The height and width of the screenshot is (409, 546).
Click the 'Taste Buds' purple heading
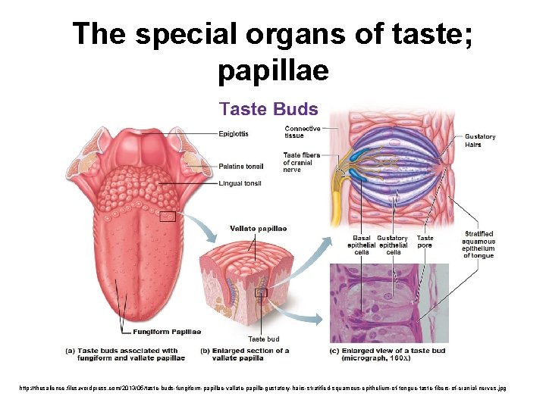pos(268,109)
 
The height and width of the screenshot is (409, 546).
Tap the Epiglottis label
pos(234,134)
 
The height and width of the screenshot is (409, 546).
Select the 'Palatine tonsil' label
pos(241,167)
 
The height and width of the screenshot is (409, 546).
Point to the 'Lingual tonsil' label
pos(240,183)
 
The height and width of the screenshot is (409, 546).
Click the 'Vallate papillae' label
pos(259,229)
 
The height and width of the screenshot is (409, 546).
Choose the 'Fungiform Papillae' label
pos(167,332)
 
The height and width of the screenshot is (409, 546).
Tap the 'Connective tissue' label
pos(302,132)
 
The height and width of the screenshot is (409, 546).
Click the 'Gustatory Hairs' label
pos(480,141)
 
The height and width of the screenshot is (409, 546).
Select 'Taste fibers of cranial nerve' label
pos(301,162)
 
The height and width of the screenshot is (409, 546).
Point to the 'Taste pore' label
pos(425,242)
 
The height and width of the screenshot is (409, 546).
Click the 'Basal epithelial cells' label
pos(361,245)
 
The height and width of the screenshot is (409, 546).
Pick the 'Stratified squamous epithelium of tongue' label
pos(479,245)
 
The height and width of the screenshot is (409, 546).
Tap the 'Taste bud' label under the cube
pos(264,339)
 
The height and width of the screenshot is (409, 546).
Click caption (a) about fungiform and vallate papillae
pos(127,354)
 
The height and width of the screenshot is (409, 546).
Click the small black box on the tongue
pos(168,217)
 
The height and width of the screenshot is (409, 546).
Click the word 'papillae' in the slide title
pos(273,70)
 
